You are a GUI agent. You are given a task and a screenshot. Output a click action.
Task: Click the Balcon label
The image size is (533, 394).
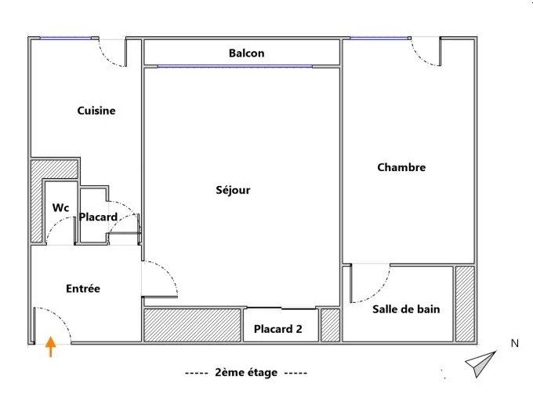coord(246,53)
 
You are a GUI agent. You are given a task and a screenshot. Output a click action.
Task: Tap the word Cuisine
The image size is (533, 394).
coord(96,111)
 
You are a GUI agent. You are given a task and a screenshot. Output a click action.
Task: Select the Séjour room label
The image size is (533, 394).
coord(233,190)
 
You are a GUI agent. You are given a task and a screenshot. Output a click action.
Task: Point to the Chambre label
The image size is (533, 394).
coord(401,167)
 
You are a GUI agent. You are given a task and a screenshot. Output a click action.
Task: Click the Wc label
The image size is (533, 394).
coord(61,207)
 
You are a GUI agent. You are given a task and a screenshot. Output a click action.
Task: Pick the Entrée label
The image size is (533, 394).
coord(83,289)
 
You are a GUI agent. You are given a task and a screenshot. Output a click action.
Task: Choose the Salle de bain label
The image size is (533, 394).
coord(406,309)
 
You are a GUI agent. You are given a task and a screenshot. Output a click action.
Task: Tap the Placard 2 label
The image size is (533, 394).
coord(278,329)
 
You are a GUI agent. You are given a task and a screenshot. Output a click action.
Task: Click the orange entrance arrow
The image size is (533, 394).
coord(51,347)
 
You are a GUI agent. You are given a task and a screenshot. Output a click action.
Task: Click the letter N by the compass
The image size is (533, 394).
coord(515,344)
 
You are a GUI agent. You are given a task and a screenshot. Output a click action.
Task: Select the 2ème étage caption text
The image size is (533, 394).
coord(246,373)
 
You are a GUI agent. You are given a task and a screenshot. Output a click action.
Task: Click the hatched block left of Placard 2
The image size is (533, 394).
coord(192,325)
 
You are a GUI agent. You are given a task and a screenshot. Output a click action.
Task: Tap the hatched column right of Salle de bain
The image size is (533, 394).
coord(465,304)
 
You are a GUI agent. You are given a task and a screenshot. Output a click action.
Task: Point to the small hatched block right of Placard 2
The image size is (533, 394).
coord(331,325)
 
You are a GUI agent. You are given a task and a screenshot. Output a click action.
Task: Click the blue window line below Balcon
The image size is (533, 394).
coord(234,66)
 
